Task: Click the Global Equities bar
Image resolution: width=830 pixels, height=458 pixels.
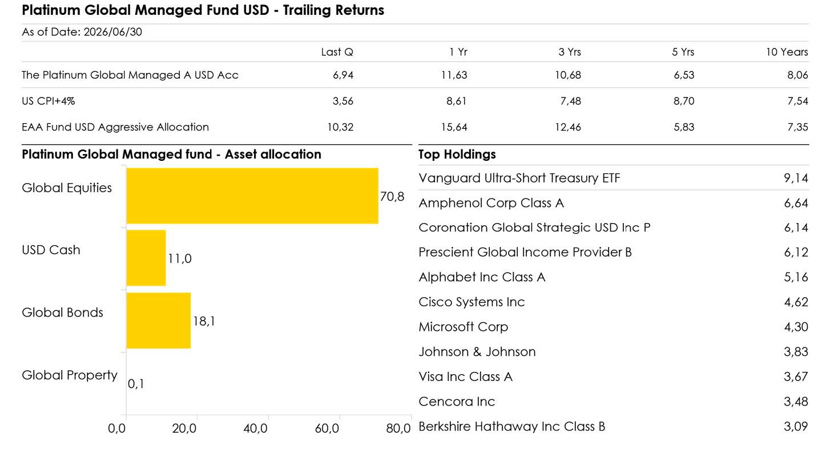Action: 252,196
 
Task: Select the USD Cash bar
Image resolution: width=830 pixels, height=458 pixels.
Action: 146,258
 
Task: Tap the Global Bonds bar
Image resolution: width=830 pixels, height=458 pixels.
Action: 159,321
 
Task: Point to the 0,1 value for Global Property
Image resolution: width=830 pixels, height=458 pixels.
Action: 136,384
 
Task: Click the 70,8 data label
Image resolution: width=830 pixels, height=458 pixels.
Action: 392,196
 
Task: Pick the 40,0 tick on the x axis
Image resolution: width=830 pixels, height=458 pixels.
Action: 255,428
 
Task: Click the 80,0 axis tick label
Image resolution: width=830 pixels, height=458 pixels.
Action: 398,428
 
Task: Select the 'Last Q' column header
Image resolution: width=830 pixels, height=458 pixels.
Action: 337,52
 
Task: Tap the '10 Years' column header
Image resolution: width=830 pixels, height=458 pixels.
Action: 787,52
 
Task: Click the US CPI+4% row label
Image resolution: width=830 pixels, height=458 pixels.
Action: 49,101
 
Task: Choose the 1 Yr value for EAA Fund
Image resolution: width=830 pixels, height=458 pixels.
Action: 454,127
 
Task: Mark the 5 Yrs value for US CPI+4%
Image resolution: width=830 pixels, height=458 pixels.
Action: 684,101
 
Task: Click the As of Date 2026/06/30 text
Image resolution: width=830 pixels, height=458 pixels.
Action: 82,32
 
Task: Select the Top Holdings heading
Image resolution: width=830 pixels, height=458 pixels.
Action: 457,154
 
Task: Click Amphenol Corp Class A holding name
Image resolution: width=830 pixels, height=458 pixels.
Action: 491,203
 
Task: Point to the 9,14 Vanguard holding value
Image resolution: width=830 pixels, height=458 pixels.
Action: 796,178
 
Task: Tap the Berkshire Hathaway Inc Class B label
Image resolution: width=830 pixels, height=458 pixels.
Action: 511,426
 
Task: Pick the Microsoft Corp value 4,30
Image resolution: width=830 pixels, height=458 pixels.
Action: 796,327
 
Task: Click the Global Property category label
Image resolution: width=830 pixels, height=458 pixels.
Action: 70,375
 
